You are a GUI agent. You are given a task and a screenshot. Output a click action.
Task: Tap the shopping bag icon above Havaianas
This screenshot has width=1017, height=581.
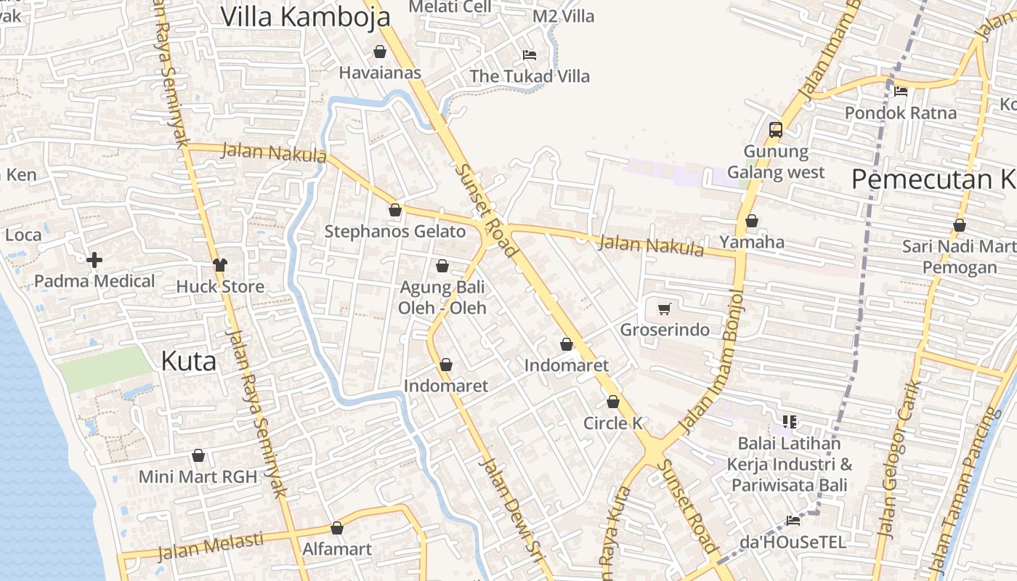coord(379,52)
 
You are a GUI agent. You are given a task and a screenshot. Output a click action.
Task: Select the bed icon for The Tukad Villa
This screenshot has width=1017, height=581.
coord(530,55)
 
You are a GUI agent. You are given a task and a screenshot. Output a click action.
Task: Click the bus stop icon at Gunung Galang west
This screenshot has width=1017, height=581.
coord(776,130)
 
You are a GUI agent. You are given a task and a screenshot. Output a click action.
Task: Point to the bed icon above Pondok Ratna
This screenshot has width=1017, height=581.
coord(901,92)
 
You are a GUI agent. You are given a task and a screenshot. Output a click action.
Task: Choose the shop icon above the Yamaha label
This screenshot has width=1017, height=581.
coord(752,221)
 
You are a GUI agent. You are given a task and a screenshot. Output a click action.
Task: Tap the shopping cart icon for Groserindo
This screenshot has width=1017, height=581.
coord(664,309)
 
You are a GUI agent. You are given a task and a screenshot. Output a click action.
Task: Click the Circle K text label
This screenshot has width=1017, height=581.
coord(613,423)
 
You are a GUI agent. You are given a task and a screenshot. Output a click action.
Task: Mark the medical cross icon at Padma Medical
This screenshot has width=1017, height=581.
coord(94,260)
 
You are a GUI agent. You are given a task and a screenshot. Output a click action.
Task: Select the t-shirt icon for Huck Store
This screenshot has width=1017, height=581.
coord(220,265)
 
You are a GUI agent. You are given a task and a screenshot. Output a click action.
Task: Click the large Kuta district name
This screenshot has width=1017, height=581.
coord(188,361)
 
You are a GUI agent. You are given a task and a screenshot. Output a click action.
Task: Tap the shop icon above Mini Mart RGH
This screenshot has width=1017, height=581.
coord(198,456)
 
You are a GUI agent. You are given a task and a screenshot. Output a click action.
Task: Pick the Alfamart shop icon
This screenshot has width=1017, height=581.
coord(336,528)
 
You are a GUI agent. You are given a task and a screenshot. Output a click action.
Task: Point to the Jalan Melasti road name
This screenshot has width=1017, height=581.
coord(211,545)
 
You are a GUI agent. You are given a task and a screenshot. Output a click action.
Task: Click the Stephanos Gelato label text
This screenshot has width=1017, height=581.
coord(394,232)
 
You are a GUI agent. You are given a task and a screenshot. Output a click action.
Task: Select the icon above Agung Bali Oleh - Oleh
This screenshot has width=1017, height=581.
coord(442,267)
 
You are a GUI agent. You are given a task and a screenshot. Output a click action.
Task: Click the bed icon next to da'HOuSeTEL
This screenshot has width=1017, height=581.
coord(793,520)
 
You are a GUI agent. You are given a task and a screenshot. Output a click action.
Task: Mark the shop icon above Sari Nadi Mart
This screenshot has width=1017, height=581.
coord(959,226)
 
